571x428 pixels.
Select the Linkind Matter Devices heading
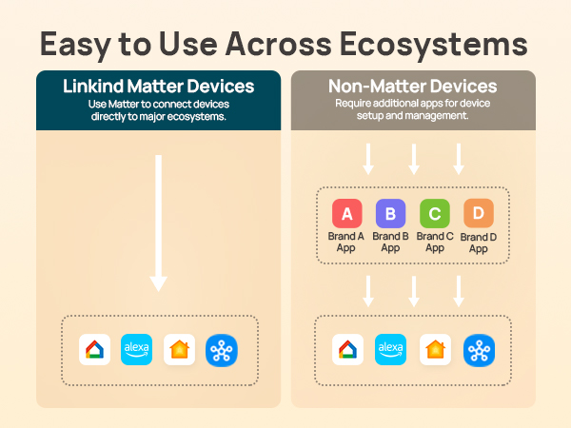[x=158, y=87]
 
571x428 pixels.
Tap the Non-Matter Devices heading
[x=412, y=87]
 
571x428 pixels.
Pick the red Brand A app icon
[x=346, y=213]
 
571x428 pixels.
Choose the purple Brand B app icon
[x=390, y=213]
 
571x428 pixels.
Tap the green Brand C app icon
[x=435, y=213]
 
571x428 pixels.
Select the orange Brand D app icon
[x=478, y=213]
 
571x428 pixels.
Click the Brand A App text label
[x=346, y=242]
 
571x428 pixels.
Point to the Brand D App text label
[x=478, y=243]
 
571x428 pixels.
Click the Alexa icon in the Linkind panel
[x=136, y=349]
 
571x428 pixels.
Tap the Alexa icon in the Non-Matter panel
[x=390, y=349]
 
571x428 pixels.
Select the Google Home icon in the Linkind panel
[x=93, y=349]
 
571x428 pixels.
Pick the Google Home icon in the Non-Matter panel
[x=346, y=349]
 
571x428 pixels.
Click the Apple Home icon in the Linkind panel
[x=179, y=349]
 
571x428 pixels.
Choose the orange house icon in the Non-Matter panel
[x=435, y=349]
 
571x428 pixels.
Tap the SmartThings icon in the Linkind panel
[x=222, y=349]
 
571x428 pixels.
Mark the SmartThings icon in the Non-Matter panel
[x=478, y=349]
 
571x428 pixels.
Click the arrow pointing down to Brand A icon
[x=368, y=158]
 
